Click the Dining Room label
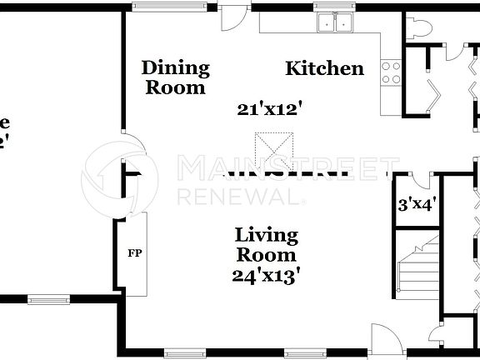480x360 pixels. [175, 77]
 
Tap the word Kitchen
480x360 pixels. [324, 68]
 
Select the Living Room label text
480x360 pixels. [265, 245]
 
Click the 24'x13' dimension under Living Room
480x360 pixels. [266, 274]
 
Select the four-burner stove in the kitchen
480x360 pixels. [390, 73]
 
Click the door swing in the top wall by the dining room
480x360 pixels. [233, 19]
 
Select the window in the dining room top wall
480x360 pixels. [159, 7]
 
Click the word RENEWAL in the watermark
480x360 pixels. [237, 197]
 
